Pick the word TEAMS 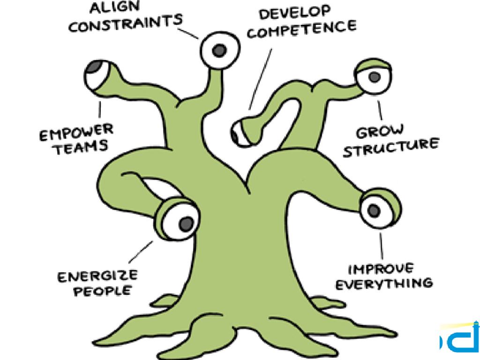(81, 147)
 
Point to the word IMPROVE (381, 269)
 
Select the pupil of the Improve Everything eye (374, 211)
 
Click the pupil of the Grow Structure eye (374, 76)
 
